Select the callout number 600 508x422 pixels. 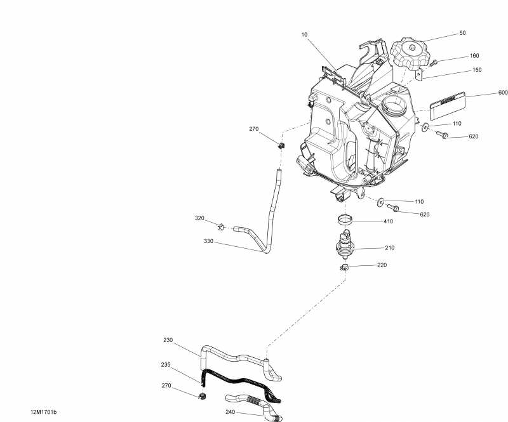click(x=502, y=93)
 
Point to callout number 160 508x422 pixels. click(x=474, y=56)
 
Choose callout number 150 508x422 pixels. click(x=477, y=71)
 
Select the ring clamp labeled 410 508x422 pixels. click(x=347, y=220)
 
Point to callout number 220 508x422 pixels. click(x=381, y=265)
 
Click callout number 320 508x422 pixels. click(x=199, y=218)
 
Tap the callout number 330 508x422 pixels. click(x=209, y=241)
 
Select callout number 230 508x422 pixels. click(x=168, y=340)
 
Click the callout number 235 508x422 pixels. click(x=165, y=365)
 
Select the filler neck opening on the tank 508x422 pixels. click(x=394, y=103)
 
